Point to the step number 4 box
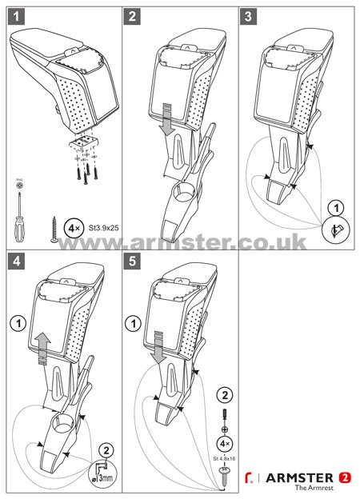16,261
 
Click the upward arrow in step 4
42,349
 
